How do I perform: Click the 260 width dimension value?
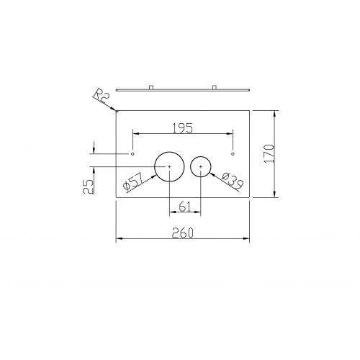183,233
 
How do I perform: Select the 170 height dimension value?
269,153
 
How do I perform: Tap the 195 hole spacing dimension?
183,128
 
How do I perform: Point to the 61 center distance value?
185,207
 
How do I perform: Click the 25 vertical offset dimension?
88,186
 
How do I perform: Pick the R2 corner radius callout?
102,95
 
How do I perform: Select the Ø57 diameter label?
133,182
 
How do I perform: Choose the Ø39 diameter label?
233,181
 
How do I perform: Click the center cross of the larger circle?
169,166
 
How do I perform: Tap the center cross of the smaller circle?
201,166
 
